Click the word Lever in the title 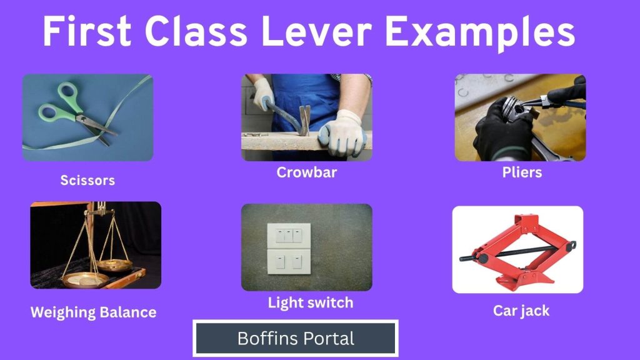pos(316,31)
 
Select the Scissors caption pos(87,180)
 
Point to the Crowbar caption pos(306,172)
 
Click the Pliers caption pos(522,172)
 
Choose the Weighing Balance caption pos(94,312)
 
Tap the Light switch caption pos(311,303)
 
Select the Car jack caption pos(521,311)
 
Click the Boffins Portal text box pos(296,338)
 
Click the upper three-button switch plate pos(289,236)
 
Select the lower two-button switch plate pos(289,262)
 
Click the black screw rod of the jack pos(517,251)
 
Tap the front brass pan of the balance pos(85,280)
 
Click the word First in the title pos(87,31)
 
